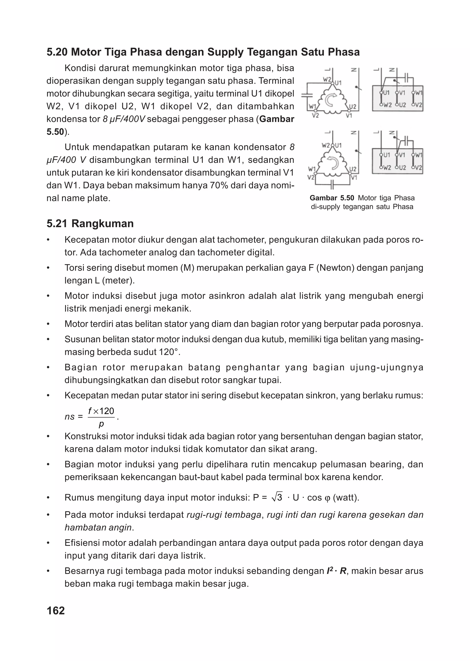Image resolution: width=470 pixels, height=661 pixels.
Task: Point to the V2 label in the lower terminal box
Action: (x=419, y=168)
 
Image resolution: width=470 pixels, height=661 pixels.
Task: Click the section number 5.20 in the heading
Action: (x=57, y=52)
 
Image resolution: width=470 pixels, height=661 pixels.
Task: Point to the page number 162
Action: (x=56, y=610)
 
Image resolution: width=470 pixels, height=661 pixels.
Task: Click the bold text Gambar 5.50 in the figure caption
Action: (x=332, y=198)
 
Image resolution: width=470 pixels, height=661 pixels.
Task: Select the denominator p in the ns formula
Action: (x=101, y=424)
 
